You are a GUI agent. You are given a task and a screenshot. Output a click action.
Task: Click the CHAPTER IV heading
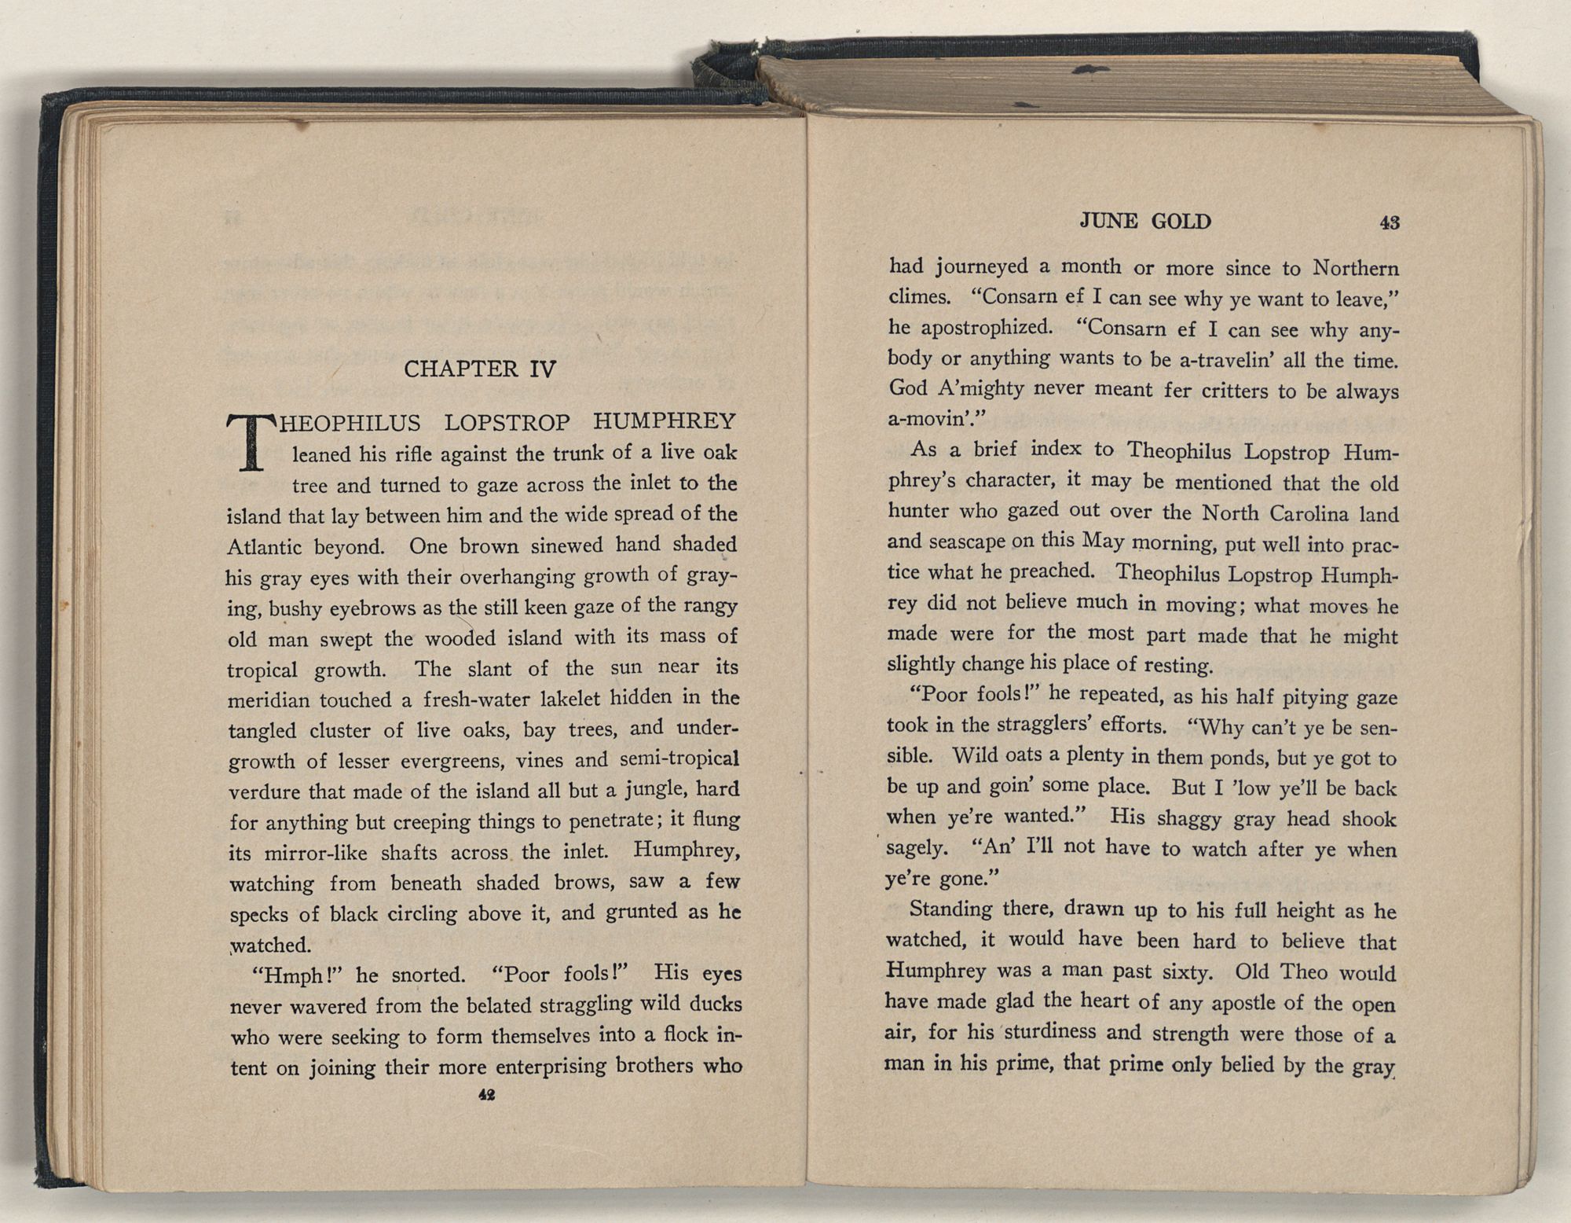coord(479,369)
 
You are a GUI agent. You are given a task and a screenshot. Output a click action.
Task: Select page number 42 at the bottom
coord(485,1095)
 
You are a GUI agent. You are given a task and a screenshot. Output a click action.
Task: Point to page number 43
coord(1389,222)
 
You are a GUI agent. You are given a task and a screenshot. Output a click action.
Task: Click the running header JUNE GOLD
coord(1145,222)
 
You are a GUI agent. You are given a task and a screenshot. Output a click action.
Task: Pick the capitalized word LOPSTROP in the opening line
coord(507,422)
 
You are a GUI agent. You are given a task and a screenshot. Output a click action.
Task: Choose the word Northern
coord(1356,268)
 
